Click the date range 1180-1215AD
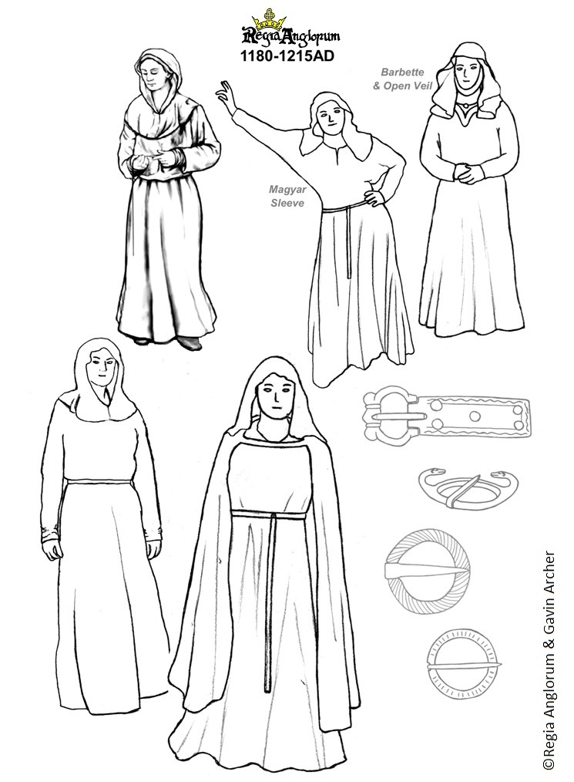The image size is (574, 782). click(287, 56)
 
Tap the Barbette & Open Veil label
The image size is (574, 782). click(403, 79)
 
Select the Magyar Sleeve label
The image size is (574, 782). click(287, 196)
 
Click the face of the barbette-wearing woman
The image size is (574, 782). click(468, 72)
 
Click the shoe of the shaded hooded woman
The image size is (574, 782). click(188, 342)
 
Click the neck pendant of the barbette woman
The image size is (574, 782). click(465, 105)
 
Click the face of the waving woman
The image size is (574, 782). click(331, 120)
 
